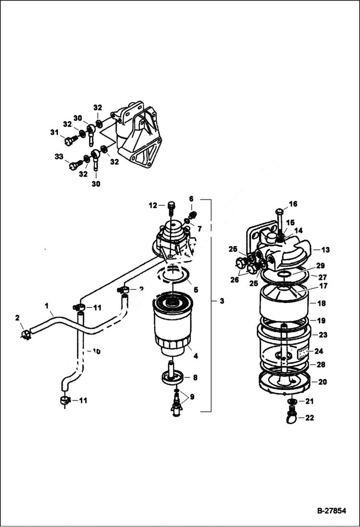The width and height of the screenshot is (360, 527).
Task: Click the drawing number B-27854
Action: [331, 511]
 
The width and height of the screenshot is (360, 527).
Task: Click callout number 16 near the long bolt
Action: [293, 204]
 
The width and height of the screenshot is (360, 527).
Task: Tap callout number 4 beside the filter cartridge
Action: [196, 356]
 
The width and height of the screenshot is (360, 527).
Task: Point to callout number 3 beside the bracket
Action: [222, 301]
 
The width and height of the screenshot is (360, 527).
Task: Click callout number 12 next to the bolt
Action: [153, 205]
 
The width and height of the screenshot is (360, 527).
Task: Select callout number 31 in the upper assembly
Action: [54, 133]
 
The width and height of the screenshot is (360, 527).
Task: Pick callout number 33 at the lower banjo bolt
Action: [59, 157]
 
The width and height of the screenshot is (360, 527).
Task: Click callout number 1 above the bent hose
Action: [47, 305]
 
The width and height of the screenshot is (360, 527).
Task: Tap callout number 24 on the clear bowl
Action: [318, 351]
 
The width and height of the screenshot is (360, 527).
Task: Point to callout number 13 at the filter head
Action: [326, 249]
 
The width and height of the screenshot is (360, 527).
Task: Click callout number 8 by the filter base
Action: [195, 378]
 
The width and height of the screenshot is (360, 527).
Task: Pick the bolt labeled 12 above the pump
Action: [171, 209]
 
